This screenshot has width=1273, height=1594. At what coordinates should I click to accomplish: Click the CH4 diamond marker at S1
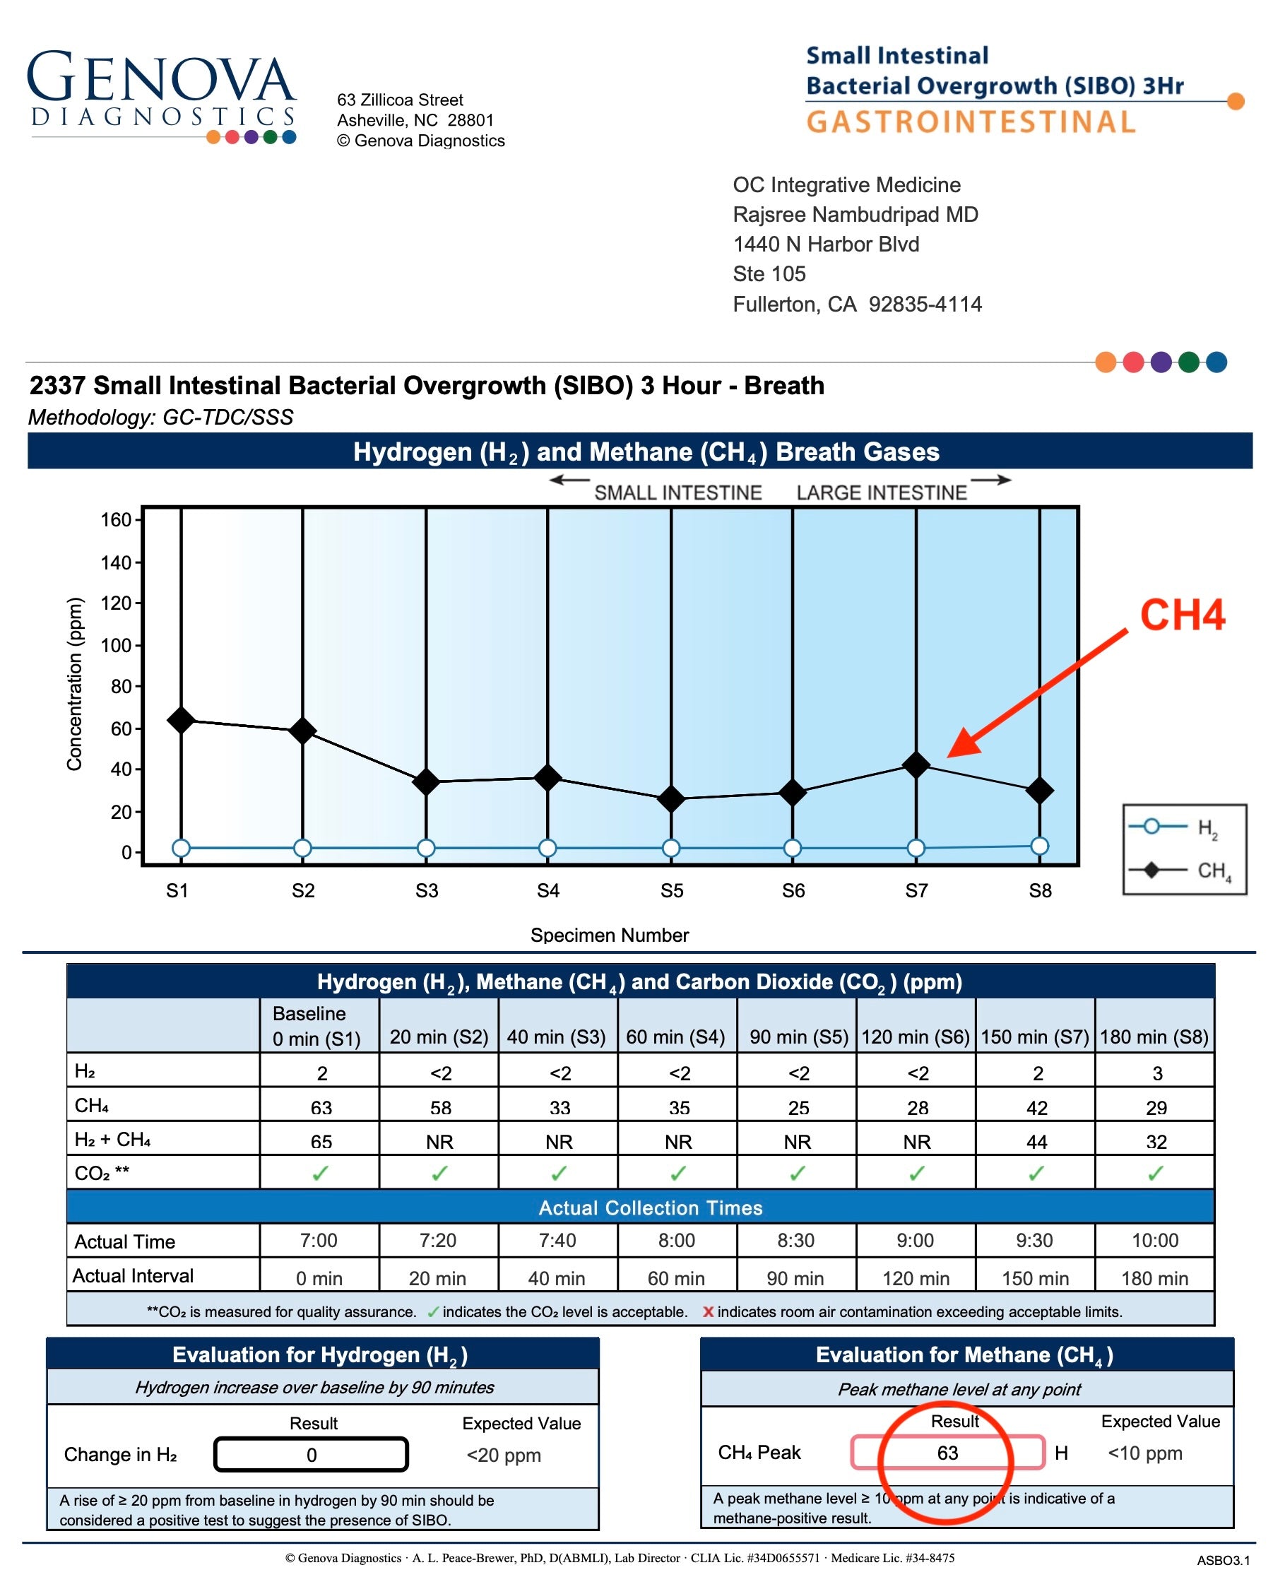pos(180,719)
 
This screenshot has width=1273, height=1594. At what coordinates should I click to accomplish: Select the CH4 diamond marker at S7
pos(916,764)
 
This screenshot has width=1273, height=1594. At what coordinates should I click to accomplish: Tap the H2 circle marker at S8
pos(1038,845)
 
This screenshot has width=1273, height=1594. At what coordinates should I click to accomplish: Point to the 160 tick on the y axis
pos(116,519)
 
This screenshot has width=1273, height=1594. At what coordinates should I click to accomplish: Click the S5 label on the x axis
pos(671,890)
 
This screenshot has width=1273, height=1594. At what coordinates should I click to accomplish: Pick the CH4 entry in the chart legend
pos(1183,870)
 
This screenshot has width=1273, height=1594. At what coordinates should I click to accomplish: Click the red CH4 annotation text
pos(1181,615)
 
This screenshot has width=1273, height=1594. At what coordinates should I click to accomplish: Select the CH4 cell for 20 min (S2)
pos(440,1106)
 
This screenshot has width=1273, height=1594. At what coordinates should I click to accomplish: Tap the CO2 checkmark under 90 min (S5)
pos(797,1174)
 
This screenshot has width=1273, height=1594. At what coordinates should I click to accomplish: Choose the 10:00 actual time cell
pos(1154,1240)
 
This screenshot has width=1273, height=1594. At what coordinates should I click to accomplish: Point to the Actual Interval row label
pos(133,1275)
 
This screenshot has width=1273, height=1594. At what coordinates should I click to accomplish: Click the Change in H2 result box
pos(312,1454)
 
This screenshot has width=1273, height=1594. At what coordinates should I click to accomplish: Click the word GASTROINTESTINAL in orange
pos(970,122)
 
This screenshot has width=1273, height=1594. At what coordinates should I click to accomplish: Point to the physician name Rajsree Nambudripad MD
pos(855,214)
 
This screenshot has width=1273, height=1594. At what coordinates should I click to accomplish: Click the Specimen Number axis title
pos(609,935)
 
